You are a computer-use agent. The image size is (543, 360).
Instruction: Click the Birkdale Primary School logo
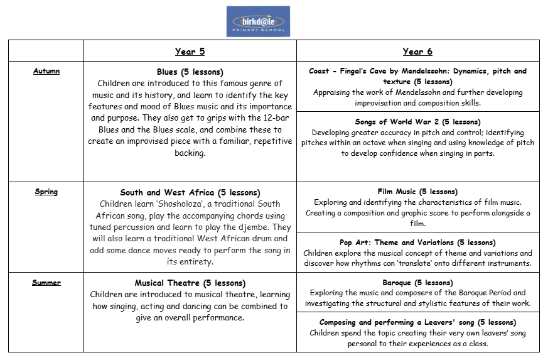tap(257, 21)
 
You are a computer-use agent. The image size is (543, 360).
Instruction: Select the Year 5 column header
tap(190, 52)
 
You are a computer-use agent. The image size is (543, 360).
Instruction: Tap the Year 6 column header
tap(417, 52)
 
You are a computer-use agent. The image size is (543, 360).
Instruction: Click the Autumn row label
tap(46, 71)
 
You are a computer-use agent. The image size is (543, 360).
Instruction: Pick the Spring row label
tap(46, 192)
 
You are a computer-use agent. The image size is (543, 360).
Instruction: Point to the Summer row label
tap(46, 283)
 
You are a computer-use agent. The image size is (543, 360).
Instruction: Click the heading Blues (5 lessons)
tap(190, 72)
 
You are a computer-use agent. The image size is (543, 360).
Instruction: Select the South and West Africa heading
tap(190, 192)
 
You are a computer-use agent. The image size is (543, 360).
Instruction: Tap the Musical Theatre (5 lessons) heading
tap(190, 283)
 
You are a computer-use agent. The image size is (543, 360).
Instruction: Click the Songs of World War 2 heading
tap(417, 121)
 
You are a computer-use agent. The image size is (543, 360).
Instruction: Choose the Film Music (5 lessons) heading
tap(417, 192)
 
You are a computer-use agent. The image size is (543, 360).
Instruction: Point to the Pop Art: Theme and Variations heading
tap(417, 243)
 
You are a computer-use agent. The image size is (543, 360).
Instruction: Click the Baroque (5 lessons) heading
tap(417, 283)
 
